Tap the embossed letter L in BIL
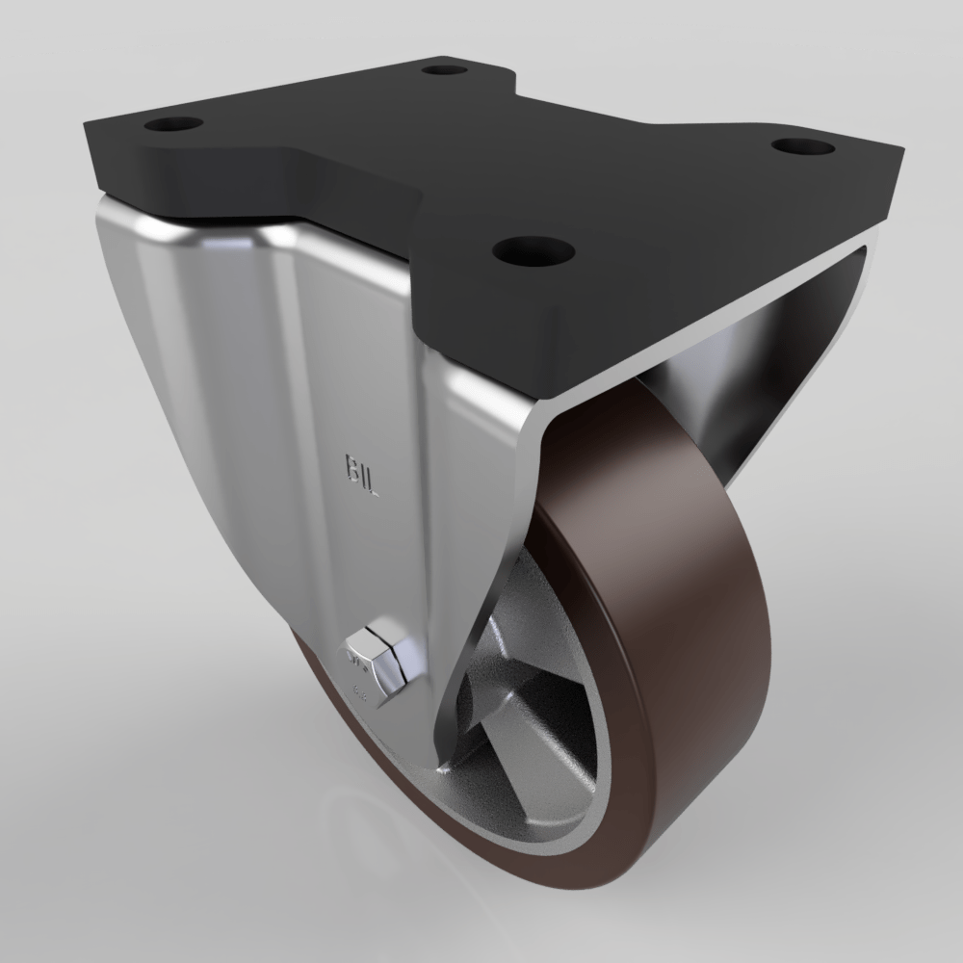[x=374, y=482]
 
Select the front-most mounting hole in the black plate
[x=527, y=252]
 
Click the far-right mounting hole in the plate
[x=802, y=147]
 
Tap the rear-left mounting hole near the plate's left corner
[x=174, y=125]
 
